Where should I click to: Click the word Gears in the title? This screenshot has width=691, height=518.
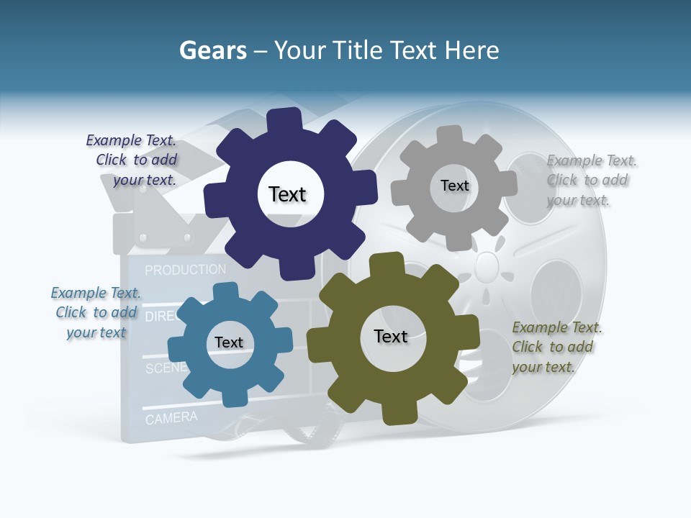pos(212,50)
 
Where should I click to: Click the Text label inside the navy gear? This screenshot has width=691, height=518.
pos(287,194)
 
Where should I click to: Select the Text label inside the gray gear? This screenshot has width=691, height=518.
pos(454,186)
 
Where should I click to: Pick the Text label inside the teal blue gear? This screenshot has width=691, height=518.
pos(229,342)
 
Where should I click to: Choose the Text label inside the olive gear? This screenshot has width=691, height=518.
pos(391,336)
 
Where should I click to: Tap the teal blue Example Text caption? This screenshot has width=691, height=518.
pos(96,312)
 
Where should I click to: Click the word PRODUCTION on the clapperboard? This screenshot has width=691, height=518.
pos(185,270)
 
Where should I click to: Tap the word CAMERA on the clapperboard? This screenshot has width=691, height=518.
pos(171,417)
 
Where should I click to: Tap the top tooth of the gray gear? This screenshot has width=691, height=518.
pos(450,135)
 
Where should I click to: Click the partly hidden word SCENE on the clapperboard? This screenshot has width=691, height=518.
pos(166,368)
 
